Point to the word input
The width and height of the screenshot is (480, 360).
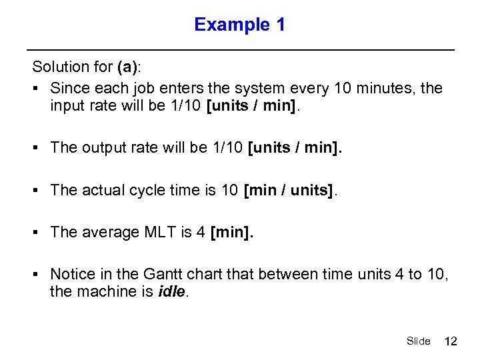[67, 107]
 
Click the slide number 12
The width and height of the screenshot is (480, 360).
[451, 341]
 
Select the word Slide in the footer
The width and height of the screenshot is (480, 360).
[418, 341]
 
